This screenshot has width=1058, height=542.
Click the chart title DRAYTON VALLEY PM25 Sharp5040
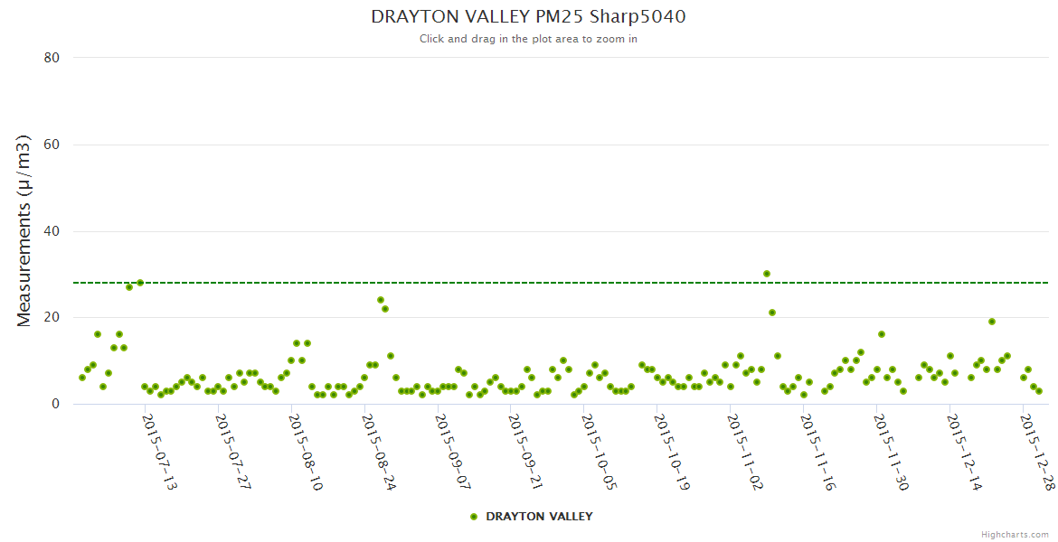pyautogui.click(x=528, y=16)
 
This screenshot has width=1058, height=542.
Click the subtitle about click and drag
pyautogui.click(x=528, y=39)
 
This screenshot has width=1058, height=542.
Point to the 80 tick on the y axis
pyautogui.click(x=52, y=58)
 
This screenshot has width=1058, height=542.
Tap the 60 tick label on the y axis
pyautogui.click(x=52, y=145)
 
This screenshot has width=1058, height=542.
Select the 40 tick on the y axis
pyautogui.click(x=52, y=231)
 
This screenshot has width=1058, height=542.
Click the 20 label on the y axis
pyautogui.click(x=52, y=317)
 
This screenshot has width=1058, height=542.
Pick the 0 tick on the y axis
pyautogui.click(x=55, y=404)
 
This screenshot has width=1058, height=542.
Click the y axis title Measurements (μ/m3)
pyautogui.click(x=24, y=230)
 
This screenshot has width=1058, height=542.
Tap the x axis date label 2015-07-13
pyautogui.click(x=160, y=452)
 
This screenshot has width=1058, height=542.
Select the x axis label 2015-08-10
pyautogui.click(x=307, y=452)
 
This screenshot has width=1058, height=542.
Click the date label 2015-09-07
pyautogui.click(x=453, y=452)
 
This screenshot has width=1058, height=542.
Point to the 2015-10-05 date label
pyautogui.click(x=599, y=452)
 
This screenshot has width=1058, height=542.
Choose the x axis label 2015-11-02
pyautogui.click(x=745, y=452)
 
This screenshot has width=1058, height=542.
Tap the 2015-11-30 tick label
pyautogui.click(x=892, y=452)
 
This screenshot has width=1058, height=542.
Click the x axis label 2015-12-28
pyautogui.click(x=1037, y=452)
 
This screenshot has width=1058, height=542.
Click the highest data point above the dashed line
pyautogui.click(x=767, y=274)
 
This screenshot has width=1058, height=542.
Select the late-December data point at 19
pyautogui.click(x=992, y=322)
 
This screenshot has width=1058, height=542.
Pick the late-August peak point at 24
pyautogui.click(x=381, y=300)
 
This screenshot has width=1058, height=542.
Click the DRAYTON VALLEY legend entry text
pyautogui.click(x=539, y=517)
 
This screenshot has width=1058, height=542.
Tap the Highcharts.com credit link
pyautogui.click(x=1015, y=535)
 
